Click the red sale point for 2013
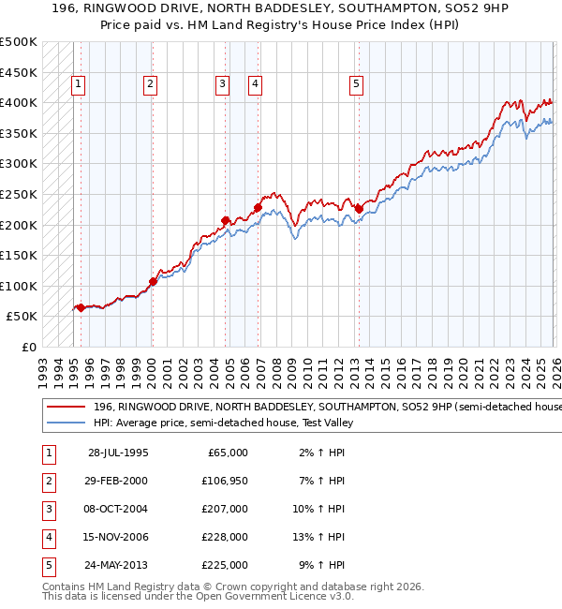click(x=359, y=209)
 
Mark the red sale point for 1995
click(x=81, y=307)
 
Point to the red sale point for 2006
click(x=258, y=207)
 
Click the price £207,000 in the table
click(x=225, y=509)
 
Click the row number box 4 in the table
click(x=47, y=537)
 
